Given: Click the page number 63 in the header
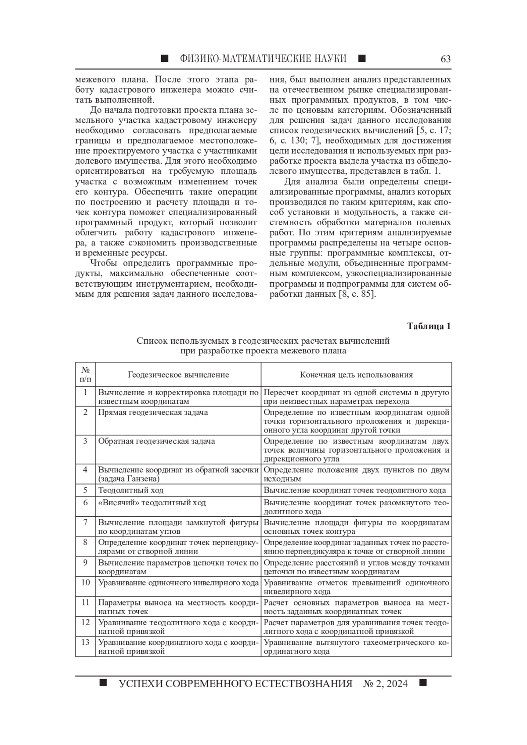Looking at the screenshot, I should click(445, 59).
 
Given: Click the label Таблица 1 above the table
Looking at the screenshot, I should click(429, 326).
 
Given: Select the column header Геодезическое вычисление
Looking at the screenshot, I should click(178, 374).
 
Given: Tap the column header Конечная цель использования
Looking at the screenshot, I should click(356, 374).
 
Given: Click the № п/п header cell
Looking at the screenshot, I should click(86, 374).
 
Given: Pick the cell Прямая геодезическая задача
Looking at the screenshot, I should click(153, 413).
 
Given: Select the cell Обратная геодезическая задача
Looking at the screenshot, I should click(156, 441).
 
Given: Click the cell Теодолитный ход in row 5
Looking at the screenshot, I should click(131, 490).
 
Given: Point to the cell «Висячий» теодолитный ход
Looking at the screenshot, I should click(152, 503).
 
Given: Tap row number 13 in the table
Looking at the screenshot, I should click(86, 642).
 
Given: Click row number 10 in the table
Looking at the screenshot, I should click(86, 583).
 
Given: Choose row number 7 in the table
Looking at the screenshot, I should click(86, 522).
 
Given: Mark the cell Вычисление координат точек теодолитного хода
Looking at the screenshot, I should click(355, 490).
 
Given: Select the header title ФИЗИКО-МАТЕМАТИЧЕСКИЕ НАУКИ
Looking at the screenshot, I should click(263, 59).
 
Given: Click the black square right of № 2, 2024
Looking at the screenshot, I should click(423, 683).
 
